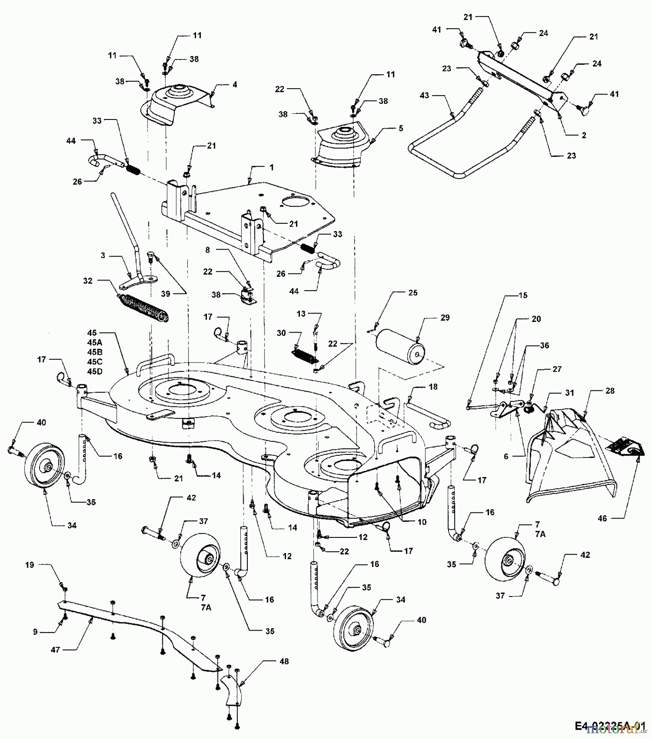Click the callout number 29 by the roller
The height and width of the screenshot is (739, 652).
pos(445,317)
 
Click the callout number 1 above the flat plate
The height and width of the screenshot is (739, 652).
pos(271,168)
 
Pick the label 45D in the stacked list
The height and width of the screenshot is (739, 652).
pos(94,372)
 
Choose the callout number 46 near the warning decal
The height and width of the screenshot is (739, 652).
pos(602,519)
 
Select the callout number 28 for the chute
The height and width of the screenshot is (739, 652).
pos(610,390)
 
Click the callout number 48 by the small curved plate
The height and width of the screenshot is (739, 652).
pos(284,661)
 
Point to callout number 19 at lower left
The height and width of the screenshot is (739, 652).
pos(29,565)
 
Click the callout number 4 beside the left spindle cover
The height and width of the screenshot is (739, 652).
pos(235,85)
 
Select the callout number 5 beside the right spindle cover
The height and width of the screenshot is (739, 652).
pos(401,128)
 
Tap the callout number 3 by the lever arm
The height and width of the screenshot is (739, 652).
pos(103,255)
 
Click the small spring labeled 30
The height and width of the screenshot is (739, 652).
pos(305,355)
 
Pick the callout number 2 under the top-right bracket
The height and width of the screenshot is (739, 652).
pos(584,135)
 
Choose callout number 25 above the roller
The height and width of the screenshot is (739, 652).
pos(412,292)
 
